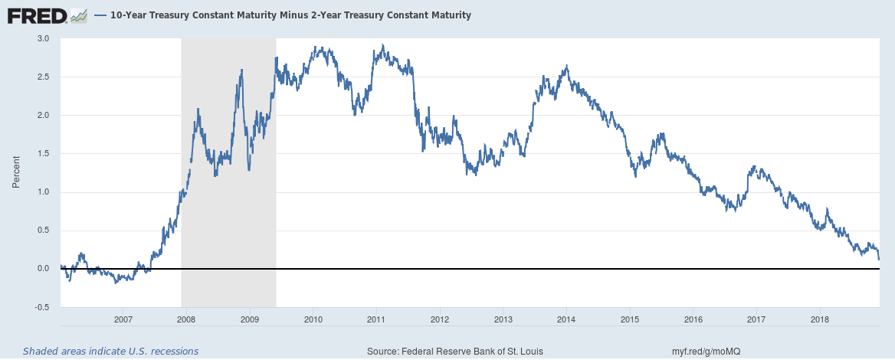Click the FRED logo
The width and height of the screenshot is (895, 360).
point(37,15)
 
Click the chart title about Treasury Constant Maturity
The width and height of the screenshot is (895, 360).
point(292,15)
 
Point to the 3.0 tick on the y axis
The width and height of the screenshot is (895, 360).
point(43,38)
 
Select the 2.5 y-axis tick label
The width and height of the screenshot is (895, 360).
point(43,77)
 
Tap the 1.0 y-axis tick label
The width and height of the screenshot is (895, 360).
point(43,192)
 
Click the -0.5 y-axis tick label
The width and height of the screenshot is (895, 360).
point(41,307)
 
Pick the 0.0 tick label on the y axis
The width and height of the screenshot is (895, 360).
point(43,269)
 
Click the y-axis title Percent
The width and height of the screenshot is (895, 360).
point(15,172)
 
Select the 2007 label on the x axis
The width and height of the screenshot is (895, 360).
point(123,318)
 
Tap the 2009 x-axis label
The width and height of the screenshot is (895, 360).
point(250,318)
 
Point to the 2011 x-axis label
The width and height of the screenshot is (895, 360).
point(376,318)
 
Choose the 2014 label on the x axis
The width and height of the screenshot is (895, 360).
point(566,318)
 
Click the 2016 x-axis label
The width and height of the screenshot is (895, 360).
point(693,318)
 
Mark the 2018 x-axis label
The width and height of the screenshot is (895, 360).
point(820,318)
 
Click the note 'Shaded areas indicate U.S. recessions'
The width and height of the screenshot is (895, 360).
point(110,351)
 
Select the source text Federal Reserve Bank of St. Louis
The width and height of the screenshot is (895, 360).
point(455,351)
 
